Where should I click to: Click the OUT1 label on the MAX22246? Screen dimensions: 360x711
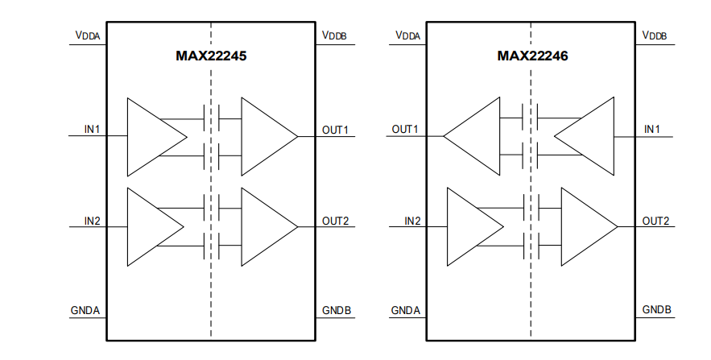(405, 129)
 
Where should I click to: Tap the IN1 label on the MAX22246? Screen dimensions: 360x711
(652, 129)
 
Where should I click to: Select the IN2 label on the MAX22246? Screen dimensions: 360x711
(412, 220)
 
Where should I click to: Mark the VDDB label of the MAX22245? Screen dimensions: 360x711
(335, 35)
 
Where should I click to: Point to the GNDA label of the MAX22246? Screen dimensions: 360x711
(406, 310)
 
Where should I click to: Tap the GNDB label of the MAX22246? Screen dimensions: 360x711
(656, 310)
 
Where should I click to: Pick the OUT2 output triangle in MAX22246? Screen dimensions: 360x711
(585, 227)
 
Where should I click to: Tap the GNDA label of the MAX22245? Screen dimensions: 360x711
(86, 310)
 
